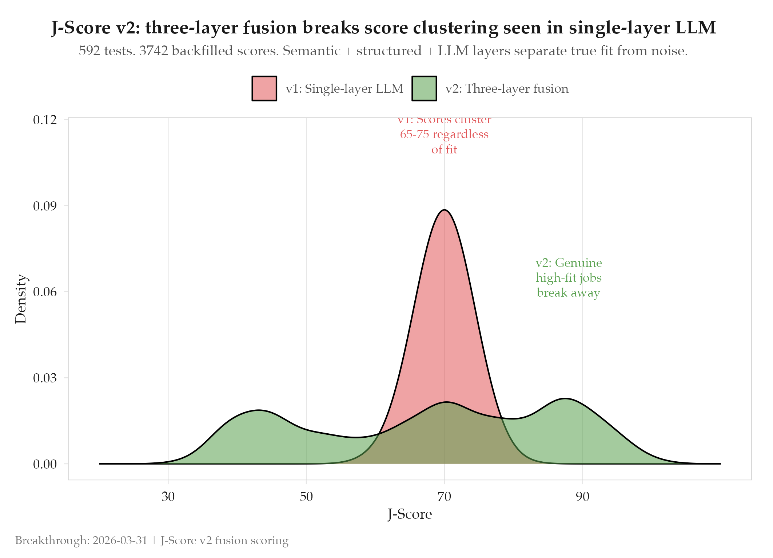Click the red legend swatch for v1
[264, 88]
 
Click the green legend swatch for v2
[424, 88]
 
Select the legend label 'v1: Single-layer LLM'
[344, 89]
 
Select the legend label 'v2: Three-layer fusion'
[507, 89]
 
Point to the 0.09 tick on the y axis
[45, 206]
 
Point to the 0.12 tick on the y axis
[45, 120]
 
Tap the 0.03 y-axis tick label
[45, 378]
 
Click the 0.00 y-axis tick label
[45, 464]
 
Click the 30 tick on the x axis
[168, 496]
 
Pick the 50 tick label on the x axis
[306, 496]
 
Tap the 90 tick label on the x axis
[582, 496]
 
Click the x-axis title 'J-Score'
[410, 514]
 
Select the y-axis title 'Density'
[21, 299]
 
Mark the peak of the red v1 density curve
[444, 210]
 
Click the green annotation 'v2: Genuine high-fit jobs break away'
[568, 278]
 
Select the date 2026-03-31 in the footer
[120, 541]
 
